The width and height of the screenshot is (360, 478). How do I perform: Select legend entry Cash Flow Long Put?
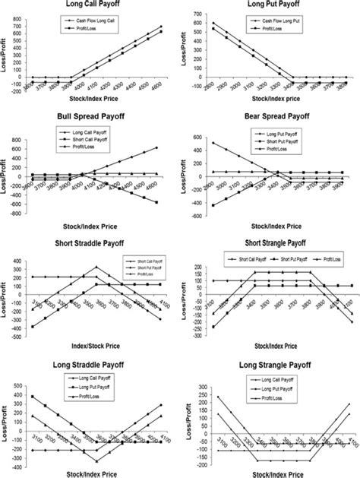[x=282, y=14]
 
